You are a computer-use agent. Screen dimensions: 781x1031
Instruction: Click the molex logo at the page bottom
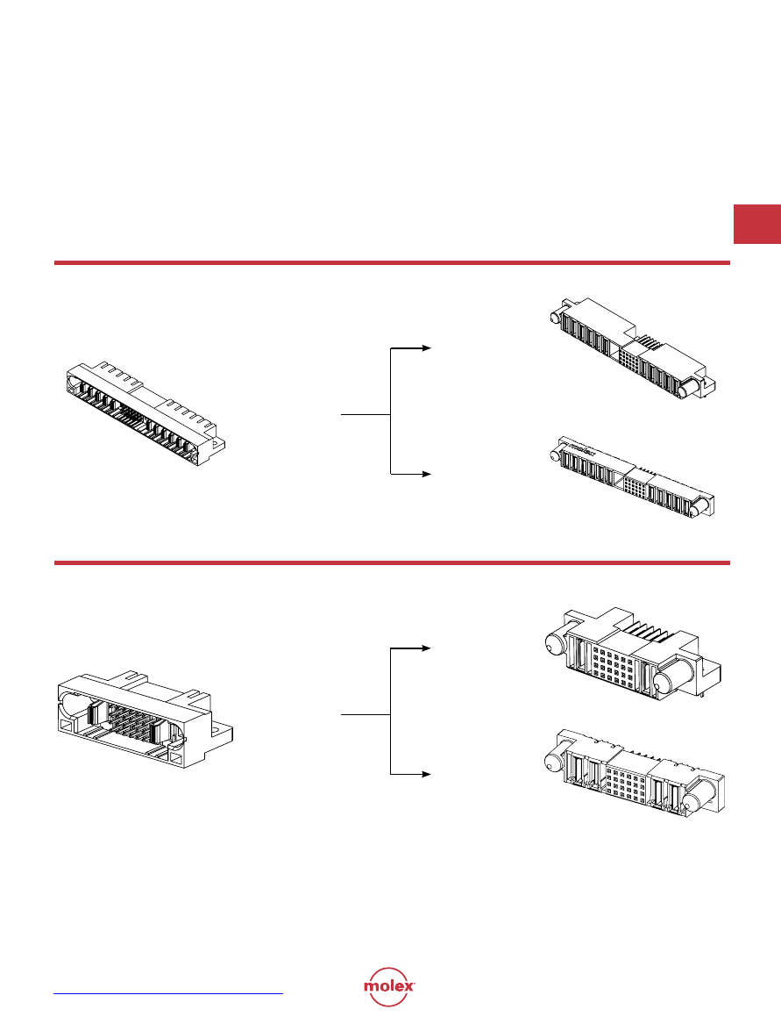(x=389, y=986)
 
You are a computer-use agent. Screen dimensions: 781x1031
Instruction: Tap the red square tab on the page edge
(x=756, y=225)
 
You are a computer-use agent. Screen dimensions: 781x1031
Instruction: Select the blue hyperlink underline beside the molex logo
(x=168, y=993)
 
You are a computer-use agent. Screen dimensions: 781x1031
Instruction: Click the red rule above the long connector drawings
(x=392, y=263)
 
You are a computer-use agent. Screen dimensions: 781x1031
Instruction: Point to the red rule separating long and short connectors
(x=392, y=562)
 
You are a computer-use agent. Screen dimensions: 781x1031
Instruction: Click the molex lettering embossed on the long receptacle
(x=580, y=449)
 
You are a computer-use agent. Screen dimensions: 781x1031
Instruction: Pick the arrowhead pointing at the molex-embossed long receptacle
(x=426, y=474)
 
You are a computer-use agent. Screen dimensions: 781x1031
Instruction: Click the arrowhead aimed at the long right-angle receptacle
(x=426, y=347)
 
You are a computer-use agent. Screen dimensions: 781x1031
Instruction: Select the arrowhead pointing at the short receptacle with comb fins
(x=426, y=648)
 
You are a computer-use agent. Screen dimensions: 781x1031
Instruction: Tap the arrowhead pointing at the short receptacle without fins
(x=426, y=775)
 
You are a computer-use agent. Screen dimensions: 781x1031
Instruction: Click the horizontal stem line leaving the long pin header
(x=366, y=415)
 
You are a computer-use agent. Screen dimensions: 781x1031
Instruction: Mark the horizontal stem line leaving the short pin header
(x=366, y=715)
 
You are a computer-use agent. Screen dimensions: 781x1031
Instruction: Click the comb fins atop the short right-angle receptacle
(x=646, y=633)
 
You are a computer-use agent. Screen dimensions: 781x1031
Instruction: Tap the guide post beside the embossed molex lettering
(x=556, y=454)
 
